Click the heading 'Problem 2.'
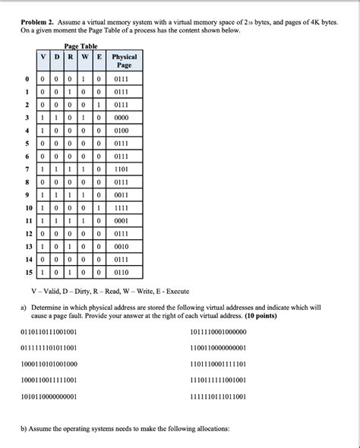point(39,23)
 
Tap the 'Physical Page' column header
point(124,61)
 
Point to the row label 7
point(27,169)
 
